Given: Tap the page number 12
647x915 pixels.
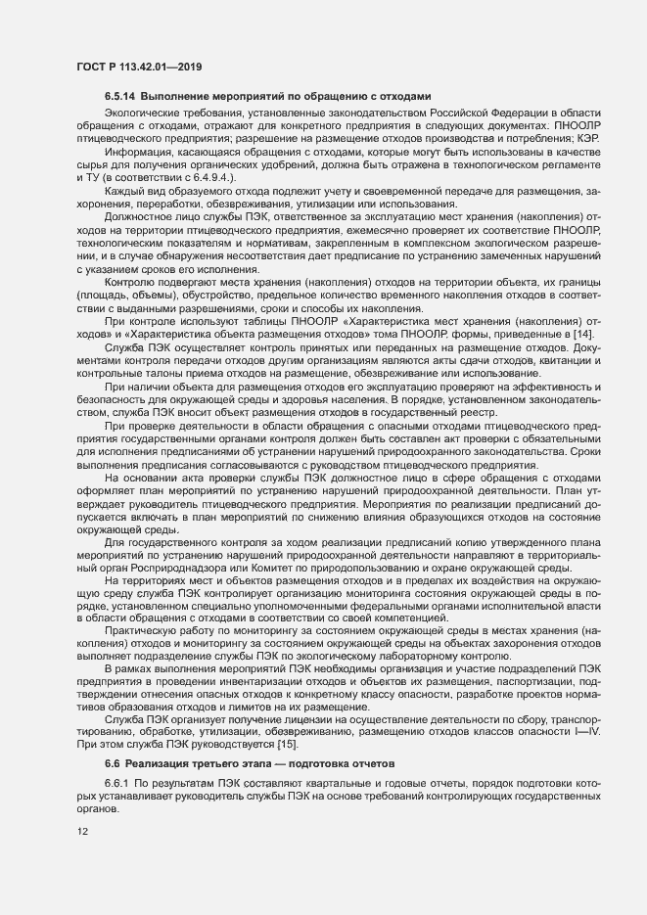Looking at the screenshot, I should tap(82, 833).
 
